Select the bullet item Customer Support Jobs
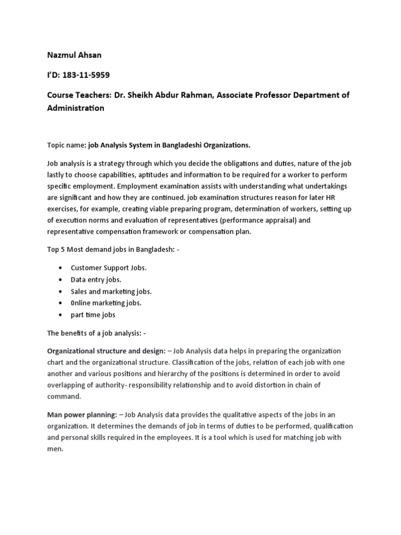(109, 267)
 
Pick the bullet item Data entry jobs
(96, 280)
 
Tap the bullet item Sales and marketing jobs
(111, 291)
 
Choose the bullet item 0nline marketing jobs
(106, 303)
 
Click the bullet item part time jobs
(93, 315)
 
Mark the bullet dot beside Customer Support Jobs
(62, 267)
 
